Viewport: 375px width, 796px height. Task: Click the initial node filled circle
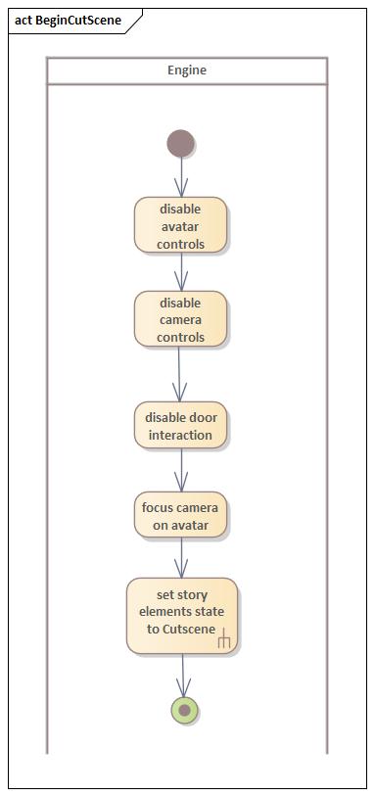click(x=180, y=144)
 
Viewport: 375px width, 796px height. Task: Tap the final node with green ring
click(x=183, y=710)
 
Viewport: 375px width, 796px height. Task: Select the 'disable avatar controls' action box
click(x=180, y=225)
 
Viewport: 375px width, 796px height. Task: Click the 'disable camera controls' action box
click(x=180, y=319)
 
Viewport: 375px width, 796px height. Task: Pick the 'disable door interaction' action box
click(x=180, y=426)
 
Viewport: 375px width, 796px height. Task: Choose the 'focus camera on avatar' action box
click(x=180, y=516)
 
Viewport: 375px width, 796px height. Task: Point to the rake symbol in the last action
click(x=224, y=640)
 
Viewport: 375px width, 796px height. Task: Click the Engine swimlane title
click(x=186, y=70)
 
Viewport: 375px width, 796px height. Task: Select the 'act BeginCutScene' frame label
click(x=69, y=20)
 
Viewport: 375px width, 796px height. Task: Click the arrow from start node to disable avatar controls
click(x=180, y=177)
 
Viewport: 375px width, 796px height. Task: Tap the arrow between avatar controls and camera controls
click(x=180, y=272)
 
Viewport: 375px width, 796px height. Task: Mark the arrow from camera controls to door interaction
click(x=180, y=374)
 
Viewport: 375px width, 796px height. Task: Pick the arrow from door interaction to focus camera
click(x=180, y=471)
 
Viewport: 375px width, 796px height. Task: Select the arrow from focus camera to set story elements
click(x=181, y=558)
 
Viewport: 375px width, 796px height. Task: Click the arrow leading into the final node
click(x=182, y=676)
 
